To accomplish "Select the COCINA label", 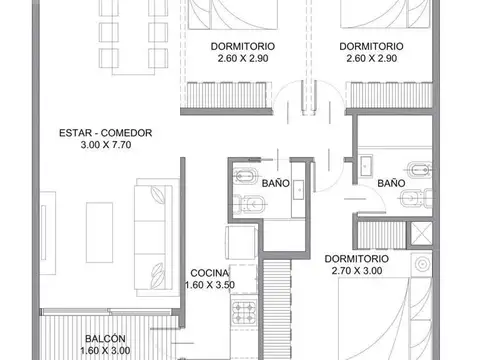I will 210,273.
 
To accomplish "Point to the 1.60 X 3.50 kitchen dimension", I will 210,286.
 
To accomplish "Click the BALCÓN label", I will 105,339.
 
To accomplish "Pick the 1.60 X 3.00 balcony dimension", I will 105,351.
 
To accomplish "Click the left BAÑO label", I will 276,184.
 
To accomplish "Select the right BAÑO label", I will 391,184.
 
